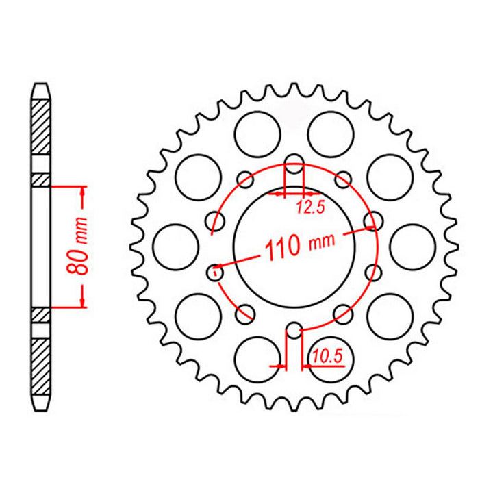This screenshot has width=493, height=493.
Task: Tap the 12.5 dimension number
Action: click(x=309, y=210)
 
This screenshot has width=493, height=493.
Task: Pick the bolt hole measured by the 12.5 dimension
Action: click(x=294, y=164)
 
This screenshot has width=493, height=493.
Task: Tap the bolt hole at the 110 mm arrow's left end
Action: click(x=215, y=273)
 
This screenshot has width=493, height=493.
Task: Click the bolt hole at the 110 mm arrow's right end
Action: click(x=373, y=220)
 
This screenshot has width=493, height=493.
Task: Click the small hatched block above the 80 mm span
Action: click(x=41, y=180)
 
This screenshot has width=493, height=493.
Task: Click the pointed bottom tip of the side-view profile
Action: click(x=41, y=408)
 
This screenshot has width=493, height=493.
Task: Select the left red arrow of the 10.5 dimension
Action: click(x=278, y=366)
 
